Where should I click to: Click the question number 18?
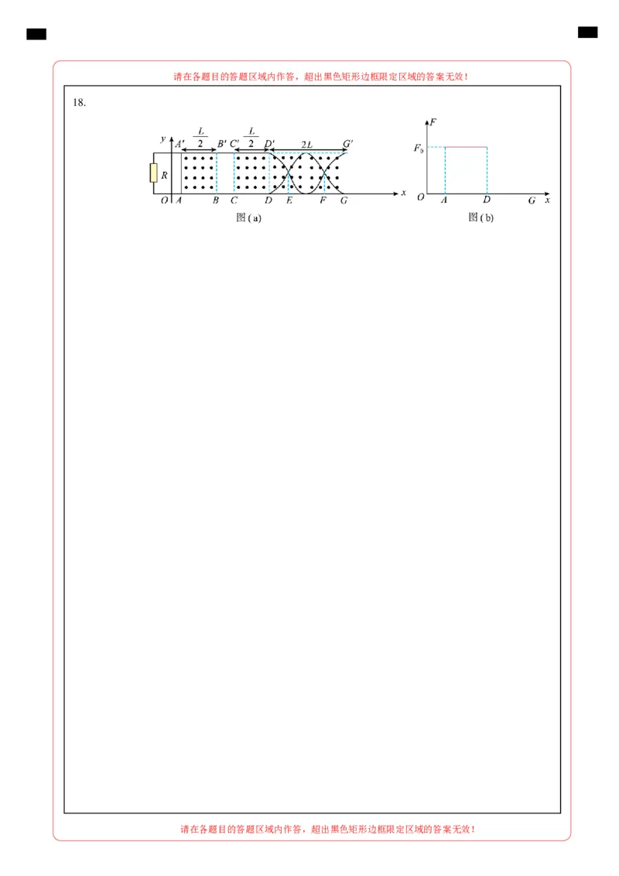(78, 102)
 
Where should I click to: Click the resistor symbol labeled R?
(154, 174)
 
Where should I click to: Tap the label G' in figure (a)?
(348, 144)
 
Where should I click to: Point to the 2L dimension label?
(306, 144)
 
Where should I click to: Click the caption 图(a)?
(248, 218)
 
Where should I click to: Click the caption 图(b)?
(480, 218)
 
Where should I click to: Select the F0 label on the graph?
(418, 146)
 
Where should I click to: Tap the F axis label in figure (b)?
(433, 122)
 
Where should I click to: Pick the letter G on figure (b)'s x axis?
(532, 200)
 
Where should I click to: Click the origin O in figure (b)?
(420, 198)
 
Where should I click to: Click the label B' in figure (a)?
(222, 144)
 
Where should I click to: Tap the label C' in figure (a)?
(234, 144)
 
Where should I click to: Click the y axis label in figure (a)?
(163, 139)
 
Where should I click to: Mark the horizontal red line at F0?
(465, 147)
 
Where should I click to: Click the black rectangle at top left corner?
(36, 34)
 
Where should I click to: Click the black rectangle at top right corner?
(587, 32)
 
